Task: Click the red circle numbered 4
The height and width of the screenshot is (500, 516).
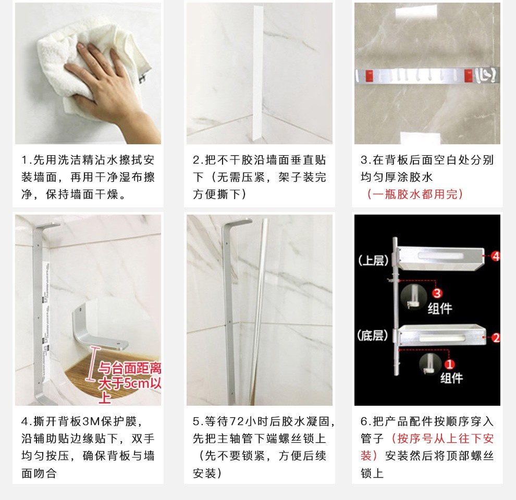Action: pyautogui.click(x=496, y=256)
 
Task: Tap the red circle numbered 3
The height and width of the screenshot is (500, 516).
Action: pyautogui.click(x=437, y=293)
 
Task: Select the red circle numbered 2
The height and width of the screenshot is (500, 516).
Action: pyautogui.click(x=496, y=337)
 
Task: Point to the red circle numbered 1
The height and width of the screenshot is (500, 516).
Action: pyautogui.click(x=449, y=364)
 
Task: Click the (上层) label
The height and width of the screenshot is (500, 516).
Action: pyautogui.click(x=373, y=260)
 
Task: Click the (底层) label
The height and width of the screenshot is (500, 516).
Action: pyautogui.click(x=372, y=335)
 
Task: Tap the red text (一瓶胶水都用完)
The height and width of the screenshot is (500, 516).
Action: pyautogui.click(x=415, y=194)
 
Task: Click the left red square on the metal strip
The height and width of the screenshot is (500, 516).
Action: pyautogui.click(x=369, y=76)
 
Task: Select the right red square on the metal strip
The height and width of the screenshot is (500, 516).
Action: pyautogui.click(x=469, y=76)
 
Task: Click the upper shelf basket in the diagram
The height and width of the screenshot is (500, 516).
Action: pyautogui.click(x=441, y=258)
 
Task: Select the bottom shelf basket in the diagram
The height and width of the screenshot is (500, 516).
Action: pyautogui.click(x=441, y=335)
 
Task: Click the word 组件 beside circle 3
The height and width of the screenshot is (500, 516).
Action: pyautogui.click(x=440, y=308)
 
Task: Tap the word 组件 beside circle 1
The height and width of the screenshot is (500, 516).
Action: pyautogui.click(x=452, y=378)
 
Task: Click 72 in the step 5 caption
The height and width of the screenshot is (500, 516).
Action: pyautogui.click(x=236, y=421)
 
